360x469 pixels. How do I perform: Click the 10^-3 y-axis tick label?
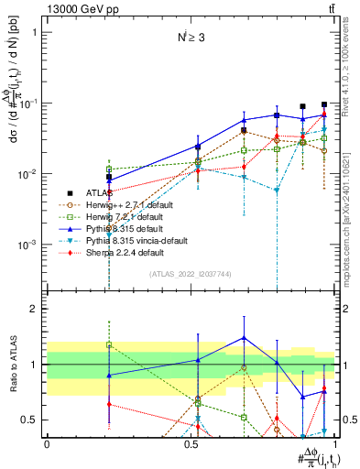[x=30, y=245]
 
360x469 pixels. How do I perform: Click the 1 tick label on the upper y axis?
[x=35, y=32]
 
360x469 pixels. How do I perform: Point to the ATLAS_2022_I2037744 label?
[x=191, y=274]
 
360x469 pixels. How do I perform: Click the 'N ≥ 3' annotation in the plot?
[x=192, y=38]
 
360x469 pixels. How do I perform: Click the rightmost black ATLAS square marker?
[x=324, y=104]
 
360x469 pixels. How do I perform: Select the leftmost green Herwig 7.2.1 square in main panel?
[x=109, y=169]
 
